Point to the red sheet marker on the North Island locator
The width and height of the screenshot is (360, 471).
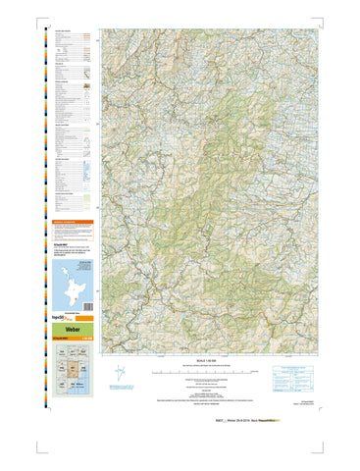coord(75,294)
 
